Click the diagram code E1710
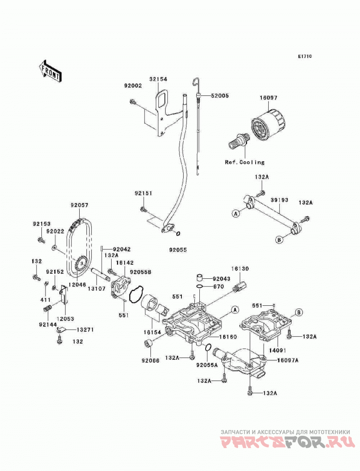tap(305, 56)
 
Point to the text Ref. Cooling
tap(245, 162)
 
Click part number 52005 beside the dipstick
tap(220, 96)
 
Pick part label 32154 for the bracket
tap(158, 79)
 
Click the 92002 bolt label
tap(133, 86)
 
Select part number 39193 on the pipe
tap(279, 200)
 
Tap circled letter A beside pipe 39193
tap(236, 213)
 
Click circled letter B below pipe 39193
tap(279, 240)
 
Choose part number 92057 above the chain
tap(80, 205)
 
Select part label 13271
tap(85, 330)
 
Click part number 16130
tap(239, 268)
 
